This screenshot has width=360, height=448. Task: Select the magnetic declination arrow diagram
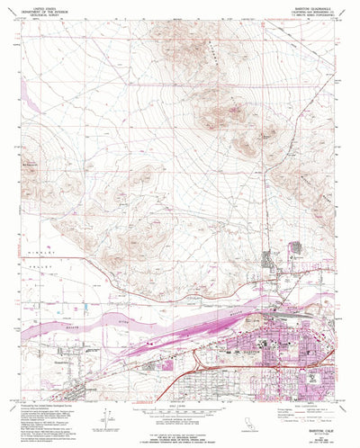[109, 416]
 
